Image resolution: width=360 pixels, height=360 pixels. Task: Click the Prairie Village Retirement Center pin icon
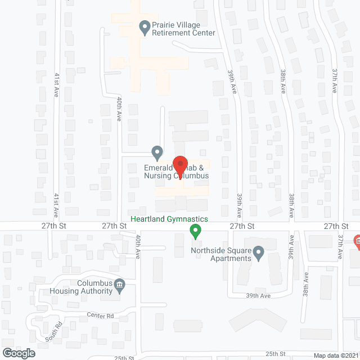[145, 26]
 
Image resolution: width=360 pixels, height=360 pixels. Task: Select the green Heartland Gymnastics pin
[195, 230]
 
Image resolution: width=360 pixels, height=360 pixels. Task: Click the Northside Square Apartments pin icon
[258, 253]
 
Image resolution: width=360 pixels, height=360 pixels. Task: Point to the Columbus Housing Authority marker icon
[119, 286]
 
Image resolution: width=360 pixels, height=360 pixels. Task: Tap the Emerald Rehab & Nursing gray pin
[157, 152]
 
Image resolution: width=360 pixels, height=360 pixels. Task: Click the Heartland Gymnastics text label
[169, 219]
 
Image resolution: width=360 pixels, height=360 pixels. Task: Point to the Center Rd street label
[100, 316]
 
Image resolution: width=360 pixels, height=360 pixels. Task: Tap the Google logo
[19, 353]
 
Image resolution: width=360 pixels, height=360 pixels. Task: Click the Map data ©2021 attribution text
[335, 355]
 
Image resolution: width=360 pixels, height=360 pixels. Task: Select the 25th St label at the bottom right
[276, 354]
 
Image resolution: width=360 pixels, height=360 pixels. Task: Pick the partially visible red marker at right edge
[357, 243]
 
